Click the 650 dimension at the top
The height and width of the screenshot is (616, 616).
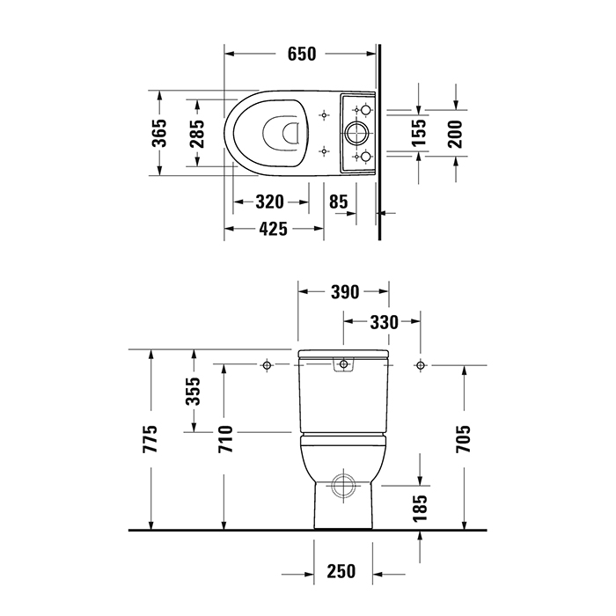coord(301,54)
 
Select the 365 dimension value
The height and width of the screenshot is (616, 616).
coord(159,134)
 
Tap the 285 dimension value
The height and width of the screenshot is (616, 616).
coord(197,134)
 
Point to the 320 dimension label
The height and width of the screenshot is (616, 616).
coord(270,202)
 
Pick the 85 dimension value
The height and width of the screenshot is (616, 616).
coord(338,202)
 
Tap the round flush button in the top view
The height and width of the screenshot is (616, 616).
coord(358,134)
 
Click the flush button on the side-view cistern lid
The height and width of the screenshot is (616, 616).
coord(342,364)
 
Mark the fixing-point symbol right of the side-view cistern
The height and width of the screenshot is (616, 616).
coord(420,364)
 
